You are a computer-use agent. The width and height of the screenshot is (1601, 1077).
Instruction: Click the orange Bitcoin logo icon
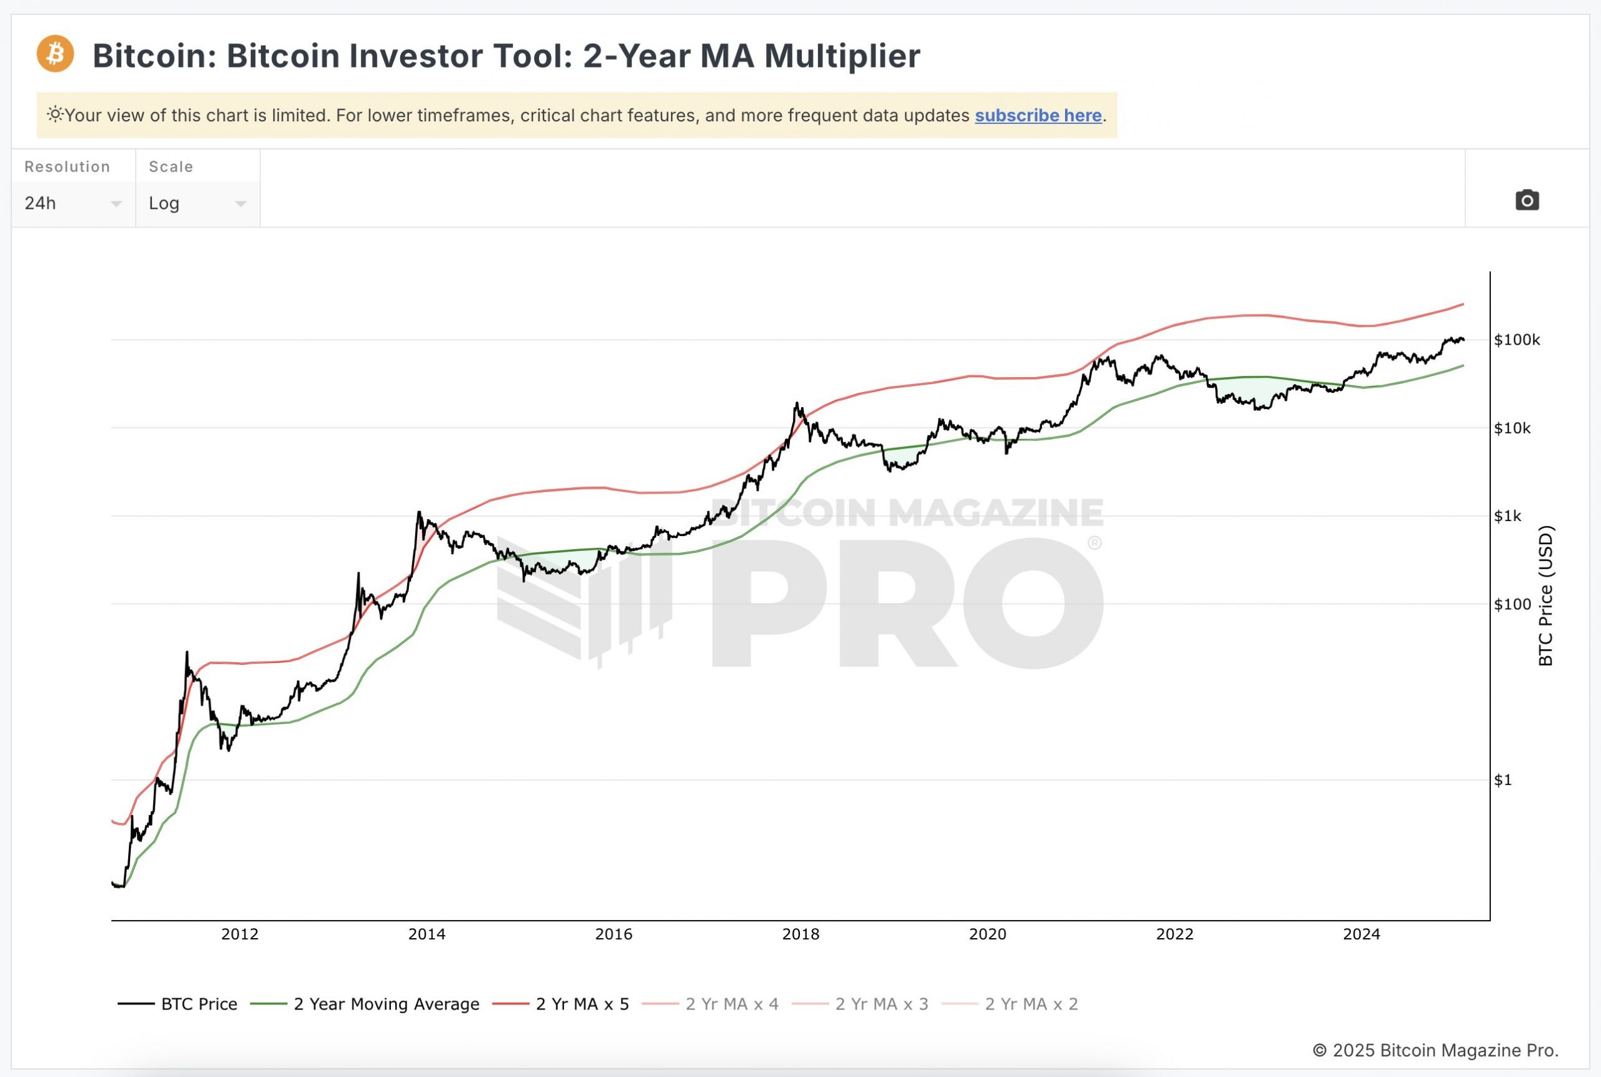click(55, 54)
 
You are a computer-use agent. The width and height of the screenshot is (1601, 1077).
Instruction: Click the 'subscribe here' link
click(1038, 115)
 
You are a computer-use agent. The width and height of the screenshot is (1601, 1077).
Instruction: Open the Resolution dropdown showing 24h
click(72, 203)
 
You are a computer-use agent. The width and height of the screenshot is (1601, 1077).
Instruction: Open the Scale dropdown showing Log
click(197, 203)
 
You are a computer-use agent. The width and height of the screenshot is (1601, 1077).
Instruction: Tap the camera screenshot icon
click(1527, 201)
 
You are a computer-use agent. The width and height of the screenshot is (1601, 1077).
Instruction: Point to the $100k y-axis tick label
click(1517, 340)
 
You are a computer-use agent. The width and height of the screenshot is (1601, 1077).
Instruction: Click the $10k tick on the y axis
click(1512, 428)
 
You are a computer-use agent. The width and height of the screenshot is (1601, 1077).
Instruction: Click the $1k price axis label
click(1507, 517)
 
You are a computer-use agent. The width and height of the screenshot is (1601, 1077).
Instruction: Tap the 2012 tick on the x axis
click(240, 934)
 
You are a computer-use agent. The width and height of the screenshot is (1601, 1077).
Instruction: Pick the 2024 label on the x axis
click(1361, 934)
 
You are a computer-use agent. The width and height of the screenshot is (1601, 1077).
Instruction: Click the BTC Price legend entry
click(198, 1004)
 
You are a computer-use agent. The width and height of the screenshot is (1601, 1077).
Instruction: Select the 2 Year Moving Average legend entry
click(386, 1004)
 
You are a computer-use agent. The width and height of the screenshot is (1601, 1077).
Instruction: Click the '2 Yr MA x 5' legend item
click(582, 1004)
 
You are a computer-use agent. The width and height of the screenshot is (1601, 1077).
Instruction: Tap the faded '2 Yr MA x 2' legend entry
click(1030, 1004)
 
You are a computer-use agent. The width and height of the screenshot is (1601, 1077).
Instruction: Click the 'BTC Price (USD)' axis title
click(1545, 595)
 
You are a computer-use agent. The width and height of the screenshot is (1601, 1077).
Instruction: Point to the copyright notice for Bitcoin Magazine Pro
click(1435, 1050)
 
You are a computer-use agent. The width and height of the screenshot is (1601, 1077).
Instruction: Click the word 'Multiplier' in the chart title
click(841, 56)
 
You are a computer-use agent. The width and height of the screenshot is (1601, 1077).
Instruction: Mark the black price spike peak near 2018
click(797, 403)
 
